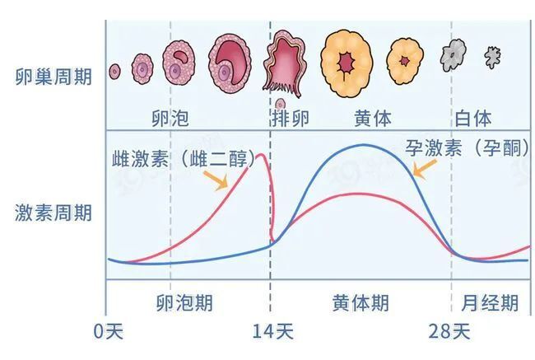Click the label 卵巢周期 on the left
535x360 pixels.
tap(53, 73)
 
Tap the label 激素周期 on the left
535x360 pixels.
tap(53, 213)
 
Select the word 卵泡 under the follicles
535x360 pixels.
tap(170, 117)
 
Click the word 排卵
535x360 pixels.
tap(291, 117)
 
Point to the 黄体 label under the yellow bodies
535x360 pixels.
tap(373, 117)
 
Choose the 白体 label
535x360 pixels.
tap(473, 117)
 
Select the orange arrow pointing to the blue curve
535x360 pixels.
tap(425, 168)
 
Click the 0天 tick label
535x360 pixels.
tap(108, 332)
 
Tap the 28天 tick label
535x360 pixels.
tap(449, 332)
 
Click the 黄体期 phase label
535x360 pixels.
tap(361, 302)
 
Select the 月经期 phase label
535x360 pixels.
tap(490, 302)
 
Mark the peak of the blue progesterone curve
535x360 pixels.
tap(362, 146)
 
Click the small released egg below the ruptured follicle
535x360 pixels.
tap(281, 104)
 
